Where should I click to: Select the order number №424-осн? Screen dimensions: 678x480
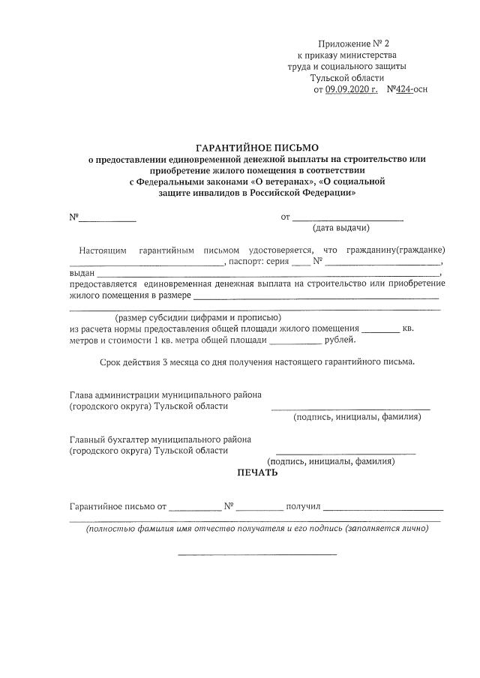coord(407,90)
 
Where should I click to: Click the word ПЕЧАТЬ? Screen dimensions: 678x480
coord(256,472)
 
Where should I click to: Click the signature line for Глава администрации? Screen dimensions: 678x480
coord(350,409)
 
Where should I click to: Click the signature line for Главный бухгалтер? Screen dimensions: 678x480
coord(346,453)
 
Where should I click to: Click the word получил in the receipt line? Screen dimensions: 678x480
coord(303,508)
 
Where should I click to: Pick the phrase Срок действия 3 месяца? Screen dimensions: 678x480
coord(152,362)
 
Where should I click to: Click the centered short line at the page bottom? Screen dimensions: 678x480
coord(256,554)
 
